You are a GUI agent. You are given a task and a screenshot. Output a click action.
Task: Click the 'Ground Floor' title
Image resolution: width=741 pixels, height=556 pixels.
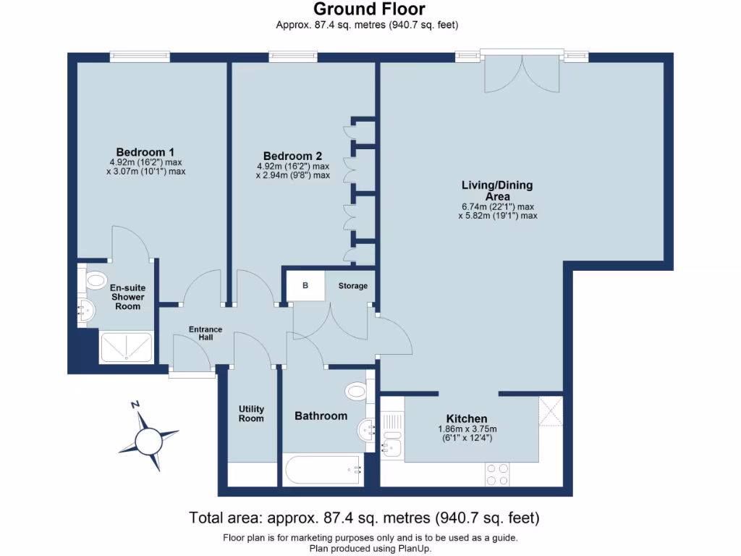pyautogui.click(x=369, y=9)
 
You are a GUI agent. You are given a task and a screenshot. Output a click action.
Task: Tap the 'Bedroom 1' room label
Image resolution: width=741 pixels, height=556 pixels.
pyautogui.click(x=145, y=152)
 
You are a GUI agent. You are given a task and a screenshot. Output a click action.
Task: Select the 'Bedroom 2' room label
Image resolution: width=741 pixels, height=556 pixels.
pyautogui.click(x=292, y=156)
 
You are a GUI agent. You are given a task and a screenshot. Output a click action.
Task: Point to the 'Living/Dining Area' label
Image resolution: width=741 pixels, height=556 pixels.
pyautogui.click(x=497, y=191)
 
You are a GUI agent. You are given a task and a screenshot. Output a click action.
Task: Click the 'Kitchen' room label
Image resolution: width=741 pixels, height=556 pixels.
pyautogui.click(x=466, y=418)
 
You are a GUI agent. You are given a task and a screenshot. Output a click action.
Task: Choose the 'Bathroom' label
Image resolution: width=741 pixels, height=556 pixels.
pyautogui.click(x=321, y=416)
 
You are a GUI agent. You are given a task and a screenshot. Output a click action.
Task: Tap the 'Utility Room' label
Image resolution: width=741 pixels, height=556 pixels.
pyautogui.click(x=251, y=413)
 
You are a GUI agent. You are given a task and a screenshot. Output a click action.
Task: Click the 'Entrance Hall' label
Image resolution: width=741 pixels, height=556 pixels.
pyautogui.click(x=206, y=334)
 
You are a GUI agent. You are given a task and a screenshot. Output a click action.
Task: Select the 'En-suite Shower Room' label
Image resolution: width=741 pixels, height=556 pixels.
pyautogui.click(x=127, y=297)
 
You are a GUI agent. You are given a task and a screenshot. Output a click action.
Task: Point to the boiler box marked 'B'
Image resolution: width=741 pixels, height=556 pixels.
pyautogui.click(x=305, y=285)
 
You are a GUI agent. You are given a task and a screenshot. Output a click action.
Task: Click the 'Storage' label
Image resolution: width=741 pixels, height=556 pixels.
pyautogui.click(x=353, y=286)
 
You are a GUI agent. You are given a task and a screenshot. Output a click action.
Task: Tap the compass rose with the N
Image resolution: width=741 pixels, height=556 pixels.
pyautogui.click(x=150, y=437)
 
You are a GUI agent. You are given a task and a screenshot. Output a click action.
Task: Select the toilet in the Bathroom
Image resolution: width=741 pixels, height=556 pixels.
pyautogui.click(x=357, y=391)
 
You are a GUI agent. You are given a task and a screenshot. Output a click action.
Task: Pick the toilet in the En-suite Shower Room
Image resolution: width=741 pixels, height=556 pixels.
pyautogui.click(x=93, y=279)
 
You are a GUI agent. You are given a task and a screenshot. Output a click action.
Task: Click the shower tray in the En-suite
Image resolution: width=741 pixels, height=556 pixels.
pyautogui.click(x=127, y=347)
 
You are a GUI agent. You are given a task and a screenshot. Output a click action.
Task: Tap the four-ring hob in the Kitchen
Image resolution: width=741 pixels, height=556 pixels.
pyautogui.click(x=496, y=473)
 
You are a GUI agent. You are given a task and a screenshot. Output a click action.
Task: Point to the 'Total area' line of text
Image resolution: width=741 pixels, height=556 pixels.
pyautogui.click(x=364, y=518)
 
